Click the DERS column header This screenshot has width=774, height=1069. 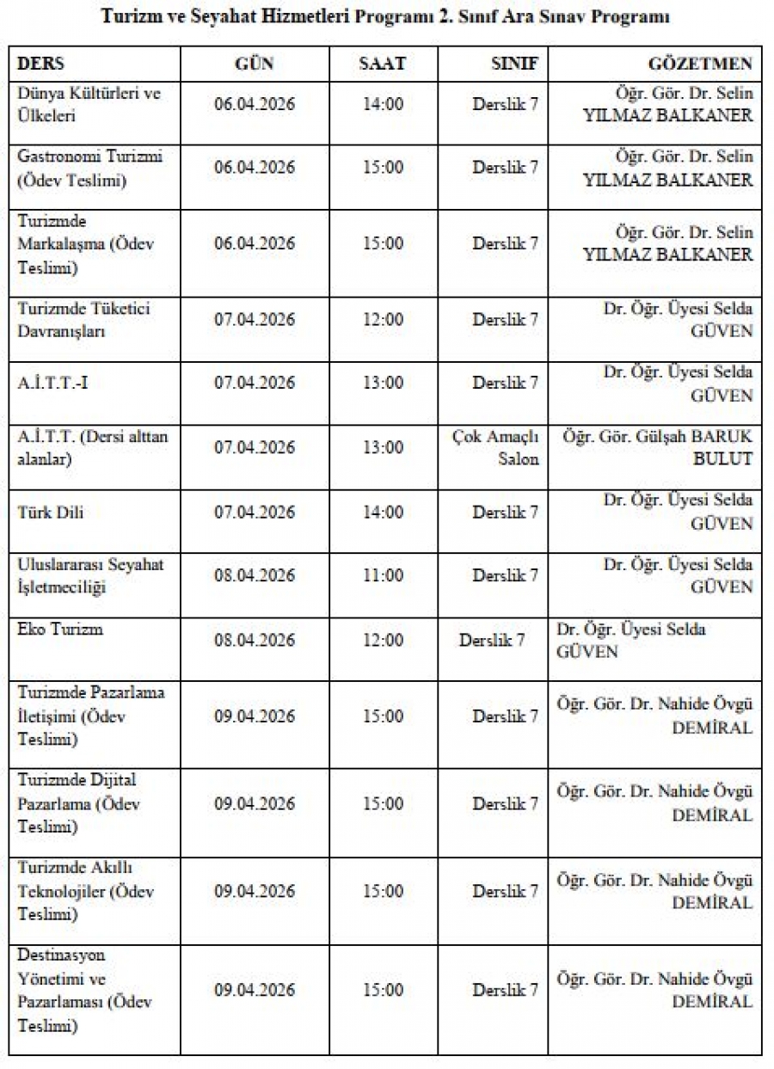tap(41, 64)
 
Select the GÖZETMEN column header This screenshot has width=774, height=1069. tap(700, 64)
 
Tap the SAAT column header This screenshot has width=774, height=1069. tap(383, 64)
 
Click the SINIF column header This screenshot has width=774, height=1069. tap(508, 64)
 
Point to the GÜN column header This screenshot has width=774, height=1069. tap(255, 64)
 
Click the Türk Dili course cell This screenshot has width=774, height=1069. tap(51, 513)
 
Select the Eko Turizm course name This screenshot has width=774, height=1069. tap(60, 629)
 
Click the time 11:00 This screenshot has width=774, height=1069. tap(383, 575)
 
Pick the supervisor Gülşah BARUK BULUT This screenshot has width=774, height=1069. tap(658, 447)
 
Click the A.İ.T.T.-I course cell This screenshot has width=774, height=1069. tap(52, 383)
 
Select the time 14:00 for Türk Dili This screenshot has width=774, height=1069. tap(383, 513)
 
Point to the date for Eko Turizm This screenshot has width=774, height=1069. tap(255, 641)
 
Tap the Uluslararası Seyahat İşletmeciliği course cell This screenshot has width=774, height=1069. tap(90, 575)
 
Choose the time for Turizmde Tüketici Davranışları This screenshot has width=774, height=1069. tap(383, 320)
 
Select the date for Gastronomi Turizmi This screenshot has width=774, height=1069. tap(255, 168)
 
